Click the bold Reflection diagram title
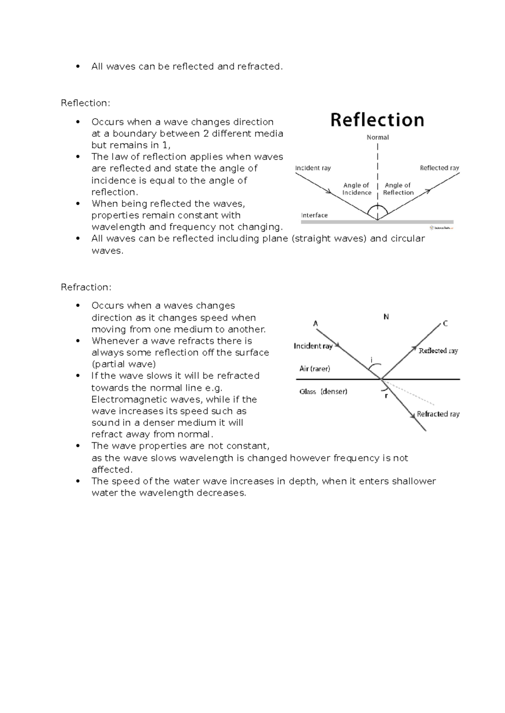(x=377, y=120)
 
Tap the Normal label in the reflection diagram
(x=377, y=137)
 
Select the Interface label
(x=314, y=215)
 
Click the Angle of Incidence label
(x=356, y=189)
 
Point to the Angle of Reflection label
(x=398, y=189)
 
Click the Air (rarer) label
(x=315, y=369)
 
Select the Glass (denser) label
(x=323, y=391)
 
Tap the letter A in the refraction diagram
(x=316, y=324)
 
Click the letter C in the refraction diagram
(x=445, y=324)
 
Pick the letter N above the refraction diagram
(x=386, y=317)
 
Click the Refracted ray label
(x=438, y=414)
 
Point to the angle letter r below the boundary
(x=386, y=396)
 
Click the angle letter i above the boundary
(x=372, y=360)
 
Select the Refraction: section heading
(x=86, y=287)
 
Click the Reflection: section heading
(x=85, y=103)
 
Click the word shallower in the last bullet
(x=414, y=481)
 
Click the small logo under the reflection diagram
(x=441, y=228)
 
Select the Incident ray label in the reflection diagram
(x=313, y=168)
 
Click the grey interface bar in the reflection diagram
(x=377, y=222)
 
